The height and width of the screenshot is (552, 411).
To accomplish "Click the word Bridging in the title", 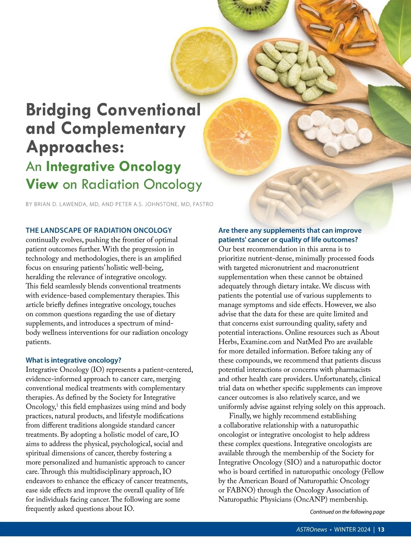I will click(59, 110).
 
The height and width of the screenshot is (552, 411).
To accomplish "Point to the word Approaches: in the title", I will click(75, 147).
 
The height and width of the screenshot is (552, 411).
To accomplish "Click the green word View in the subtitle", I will click(42, 184).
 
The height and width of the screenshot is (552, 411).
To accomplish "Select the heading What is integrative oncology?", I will click(74, 360).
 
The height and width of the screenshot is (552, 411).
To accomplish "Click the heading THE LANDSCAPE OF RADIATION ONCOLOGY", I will click(99, 230).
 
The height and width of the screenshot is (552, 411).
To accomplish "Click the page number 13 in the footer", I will click(381, 529).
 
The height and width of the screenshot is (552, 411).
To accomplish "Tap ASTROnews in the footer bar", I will click(311, 529).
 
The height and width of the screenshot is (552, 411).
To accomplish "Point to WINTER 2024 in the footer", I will click(352, 529).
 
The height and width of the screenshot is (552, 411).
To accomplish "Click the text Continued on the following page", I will click(347, 512).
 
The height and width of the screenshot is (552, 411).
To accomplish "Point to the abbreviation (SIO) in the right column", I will click(292, 462).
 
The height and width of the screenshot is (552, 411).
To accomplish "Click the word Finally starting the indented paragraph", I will click(240, 416).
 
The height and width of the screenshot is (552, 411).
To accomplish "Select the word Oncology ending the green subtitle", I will click(173, 184).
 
